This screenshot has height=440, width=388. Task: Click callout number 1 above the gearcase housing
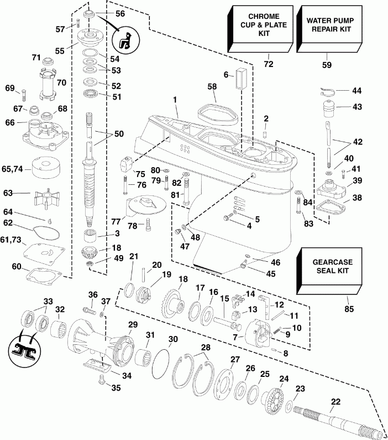coord(175,100)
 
